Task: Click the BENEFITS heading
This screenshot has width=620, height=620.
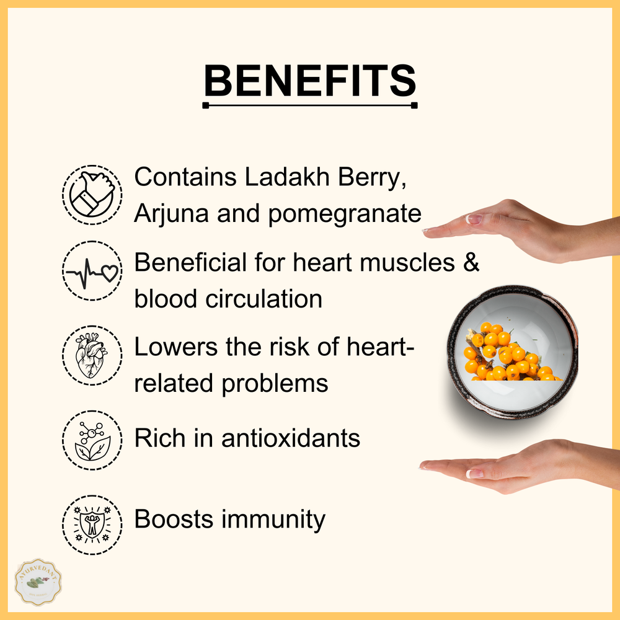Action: tap(310, 80)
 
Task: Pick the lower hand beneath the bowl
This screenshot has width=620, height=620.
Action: tap(521, 466)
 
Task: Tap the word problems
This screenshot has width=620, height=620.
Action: tap(275, 384)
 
